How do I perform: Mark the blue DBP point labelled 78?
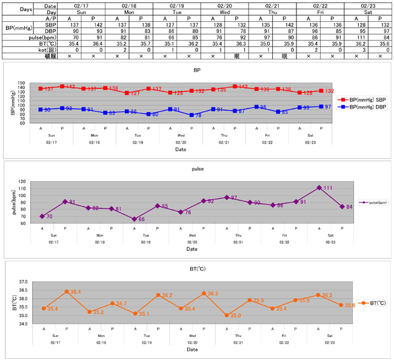192,115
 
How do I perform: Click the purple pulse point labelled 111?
319,188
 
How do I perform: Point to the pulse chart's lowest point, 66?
135,219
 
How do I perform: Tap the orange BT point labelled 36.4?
67,292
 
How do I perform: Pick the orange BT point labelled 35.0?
227,315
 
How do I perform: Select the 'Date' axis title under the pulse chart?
192,249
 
